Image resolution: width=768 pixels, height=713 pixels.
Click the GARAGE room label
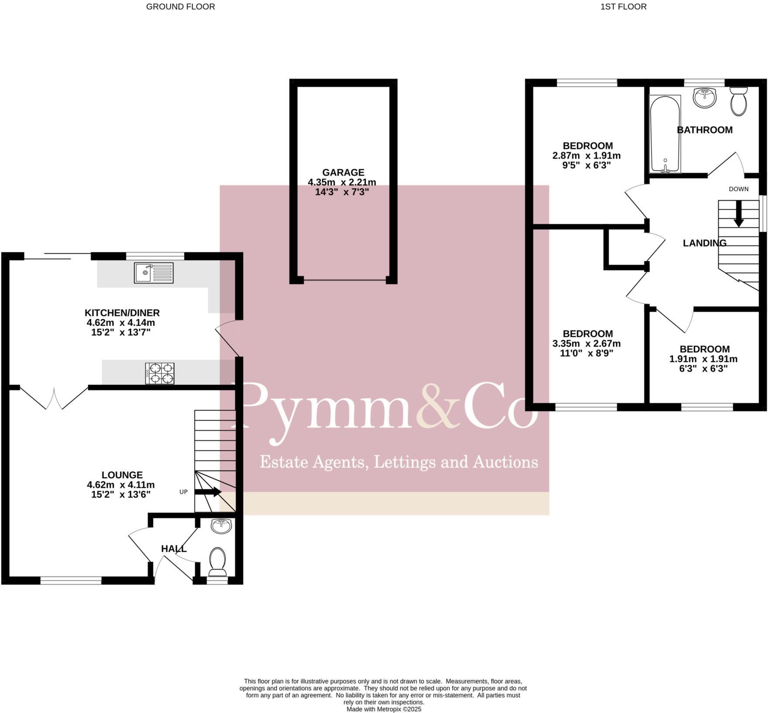343,173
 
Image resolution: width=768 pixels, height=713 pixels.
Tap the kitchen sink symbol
154,273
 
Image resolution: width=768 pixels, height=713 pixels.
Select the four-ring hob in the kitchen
160,374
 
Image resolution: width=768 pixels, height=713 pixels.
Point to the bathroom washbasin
704,97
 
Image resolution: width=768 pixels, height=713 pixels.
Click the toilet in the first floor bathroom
739,101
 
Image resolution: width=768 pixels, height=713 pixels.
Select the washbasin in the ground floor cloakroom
221,526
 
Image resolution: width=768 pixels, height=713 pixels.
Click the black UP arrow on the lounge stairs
208,492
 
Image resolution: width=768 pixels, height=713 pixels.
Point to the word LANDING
704,243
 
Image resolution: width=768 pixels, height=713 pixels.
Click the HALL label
174,549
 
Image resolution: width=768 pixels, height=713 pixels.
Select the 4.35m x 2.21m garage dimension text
342,182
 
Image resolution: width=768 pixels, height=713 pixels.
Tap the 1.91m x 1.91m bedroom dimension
703,359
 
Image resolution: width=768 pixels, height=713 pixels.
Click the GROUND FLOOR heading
180,7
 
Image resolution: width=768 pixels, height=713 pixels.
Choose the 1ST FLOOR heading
624,7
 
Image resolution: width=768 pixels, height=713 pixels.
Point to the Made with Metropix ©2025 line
384,709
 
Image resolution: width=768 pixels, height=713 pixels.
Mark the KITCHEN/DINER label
122,313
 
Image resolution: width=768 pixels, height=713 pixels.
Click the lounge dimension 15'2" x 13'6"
121,495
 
